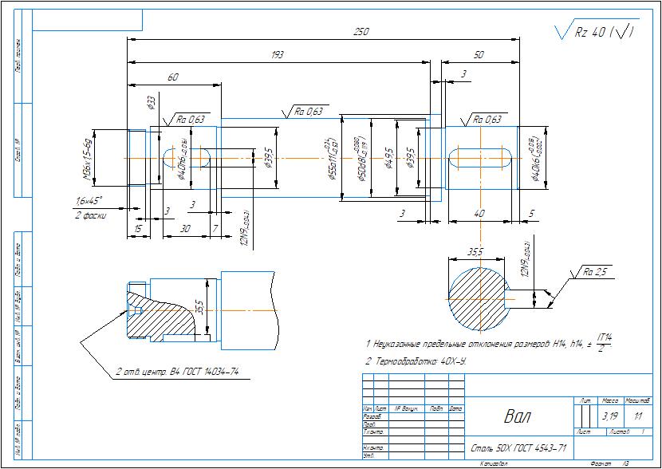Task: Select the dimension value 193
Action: [278, 55]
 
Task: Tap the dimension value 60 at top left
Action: [172, 77]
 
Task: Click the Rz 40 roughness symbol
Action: [594, 33]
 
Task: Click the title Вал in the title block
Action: [517, 416]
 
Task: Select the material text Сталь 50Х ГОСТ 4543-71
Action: [519, 447]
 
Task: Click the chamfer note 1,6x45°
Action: [89, 200]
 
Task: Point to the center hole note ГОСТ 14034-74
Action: [177, 372]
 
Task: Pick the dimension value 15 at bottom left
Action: [138, 228]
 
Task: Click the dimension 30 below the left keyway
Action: [185, 228]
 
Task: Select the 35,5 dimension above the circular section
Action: [475, 251]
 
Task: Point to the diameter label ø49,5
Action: [388, 158]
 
